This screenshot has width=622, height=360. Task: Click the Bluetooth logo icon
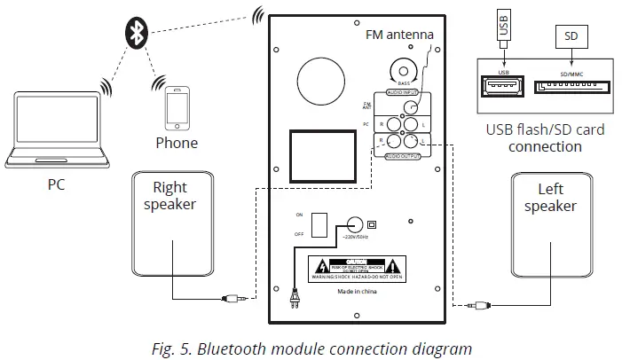click(134, 34)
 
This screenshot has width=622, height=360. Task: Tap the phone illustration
click(176, 107)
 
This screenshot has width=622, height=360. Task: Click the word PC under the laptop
click(56, 185)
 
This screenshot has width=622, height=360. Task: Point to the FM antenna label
click(399, 35)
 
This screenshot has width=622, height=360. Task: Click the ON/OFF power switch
click(324, 224)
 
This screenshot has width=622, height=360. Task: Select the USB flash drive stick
click(503, 27)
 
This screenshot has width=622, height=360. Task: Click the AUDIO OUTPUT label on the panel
click(402, 156)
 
